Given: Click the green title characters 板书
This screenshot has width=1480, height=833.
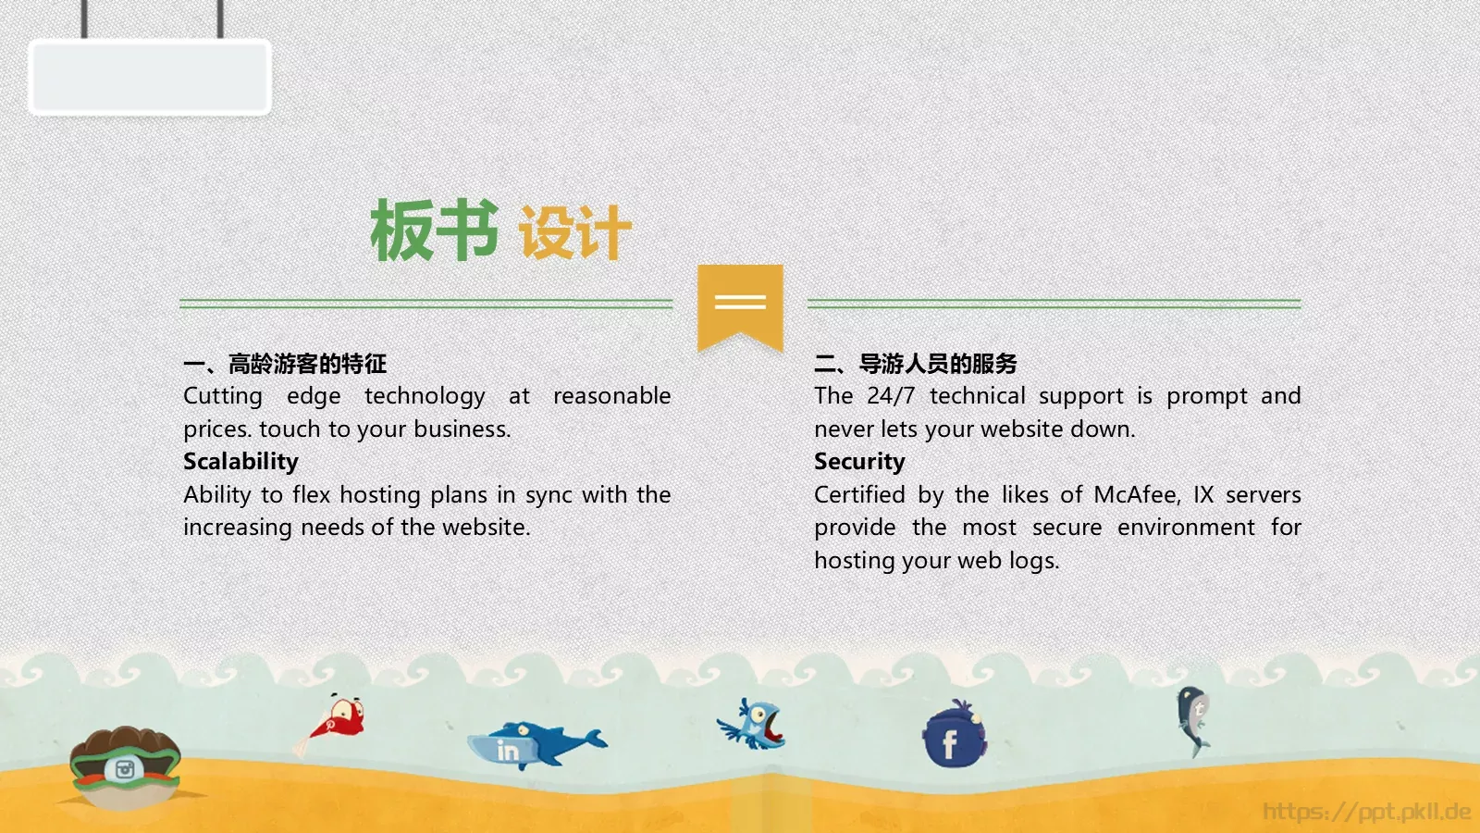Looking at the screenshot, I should click(434, 230).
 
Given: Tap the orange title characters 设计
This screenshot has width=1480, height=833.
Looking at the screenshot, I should click(574, 232).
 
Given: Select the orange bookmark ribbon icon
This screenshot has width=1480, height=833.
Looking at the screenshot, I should click(740, 306).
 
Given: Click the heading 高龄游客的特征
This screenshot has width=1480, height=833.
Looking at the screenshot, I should click(307, 364).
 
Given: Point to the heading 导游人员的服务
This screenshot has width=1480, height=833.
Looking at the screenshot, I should click(938, 364).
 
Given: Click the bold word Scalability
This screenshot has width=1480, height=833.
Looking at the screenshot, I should click(240, 461).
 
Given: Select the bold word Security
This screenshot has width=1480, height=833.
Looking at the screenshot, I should click(859, 461).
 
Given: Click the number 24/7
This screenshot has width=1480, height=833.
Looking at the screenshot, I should click(891, 396).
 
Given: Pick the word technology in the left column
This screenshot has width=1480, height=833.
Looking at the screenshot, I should click(425, 396).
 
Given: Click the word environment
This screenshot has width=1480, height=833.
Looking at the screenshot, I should click(1186, 528).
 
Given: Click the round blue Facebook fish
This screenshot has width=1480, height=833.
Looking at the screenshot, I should click(954, 737).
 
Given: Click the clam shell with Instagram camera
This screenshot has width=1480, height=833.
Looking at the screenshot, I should click(125, 765).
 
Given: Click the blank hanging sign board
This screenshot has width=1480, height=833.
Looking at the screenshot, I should click(150, 77).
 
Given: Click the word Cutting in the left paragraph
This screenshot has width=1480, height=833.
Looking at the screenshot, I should click(223, 396).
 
